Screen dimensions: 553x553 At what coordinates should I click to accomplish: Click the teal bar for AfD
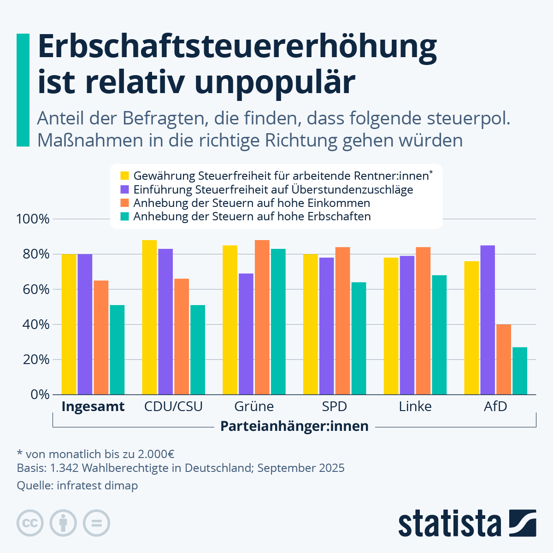pos(519,371)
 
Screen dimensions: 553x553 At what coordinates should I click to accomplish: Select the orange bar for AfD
pos(503,359)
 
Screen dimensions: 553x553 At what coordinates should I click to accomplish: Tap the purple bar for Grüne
pos(246,334)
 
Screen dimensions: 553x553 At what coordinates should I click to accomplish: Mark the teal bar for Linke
pos(439,335)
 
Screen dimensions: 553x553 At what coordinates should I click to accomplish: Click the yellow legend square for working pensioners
pos(124,176)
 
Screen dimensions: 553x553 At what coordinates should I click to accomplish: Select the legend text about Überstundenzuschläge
pos(273,189)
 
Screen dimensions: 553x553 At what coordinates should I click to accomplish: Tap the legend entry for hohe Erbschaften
pos(252,217)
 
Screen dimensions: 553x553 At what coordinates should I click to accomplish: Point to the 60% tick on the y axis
pos(33,289)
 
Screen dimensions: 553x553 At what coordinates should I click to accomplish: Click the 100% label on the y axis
pos(33,219)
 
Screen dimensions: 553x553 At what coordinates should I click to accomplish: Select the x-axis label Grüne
pos(254,406)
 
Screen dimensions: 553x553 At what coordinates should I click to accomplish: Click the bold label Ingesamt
pos(93,406)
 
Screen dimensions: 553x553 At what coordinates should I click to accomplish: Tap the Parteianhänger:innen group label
pos(294,426)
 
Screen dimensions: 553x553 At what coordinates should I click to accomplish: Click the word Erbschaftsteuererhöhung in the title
pos(237,46)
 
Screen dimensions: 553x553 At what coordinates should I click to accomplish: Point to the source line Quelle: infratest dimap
pos(77,485)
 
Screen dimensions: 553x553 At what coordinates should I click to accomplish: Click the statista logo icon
pos(523,523)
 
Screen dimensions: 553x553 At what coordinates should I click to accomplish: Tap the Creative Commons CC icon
pos(30,523)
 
